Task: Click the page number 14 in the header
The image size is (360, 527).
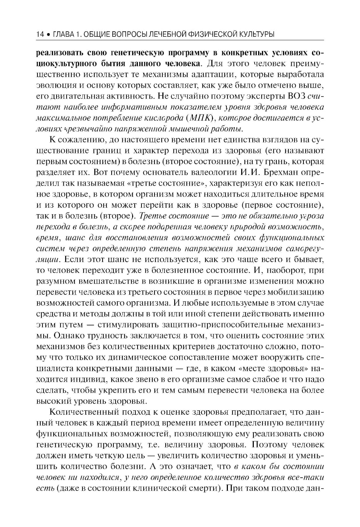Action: point(40,35)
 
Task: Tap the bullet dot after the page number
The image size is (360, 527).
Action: point(49,35)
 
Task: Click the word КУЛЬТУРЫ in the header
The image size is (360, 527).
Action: point(255,35)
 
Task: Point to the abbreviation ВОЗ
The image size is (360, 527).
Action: point(297,96)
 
